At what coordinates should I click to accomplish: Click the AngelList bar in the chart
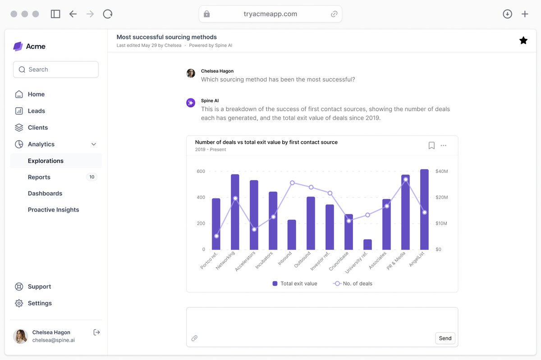(424, 210)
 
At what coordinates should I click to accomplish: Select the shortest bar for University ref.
(367, 245)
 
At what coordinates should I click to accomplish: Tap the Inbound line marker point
(292, 183)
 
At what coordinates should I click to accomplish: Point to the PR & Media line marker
(406, 180)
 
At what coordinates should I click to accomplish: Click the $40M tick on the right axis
(441, 171)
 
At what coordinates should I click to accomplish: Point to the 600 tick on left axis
(201, 171)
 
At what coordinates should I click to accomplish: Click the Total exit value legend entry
(295, 284)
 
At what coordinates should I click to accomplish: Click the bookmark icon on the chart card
(431, 145)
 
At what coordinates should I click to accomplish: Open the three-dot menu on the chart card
(444, 145)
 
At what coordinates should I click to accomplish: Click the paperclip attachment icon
(194, 338)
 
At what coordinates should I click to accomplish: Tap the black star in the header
(523, 41)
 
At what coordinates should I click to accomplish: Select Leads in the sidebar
(36, 111)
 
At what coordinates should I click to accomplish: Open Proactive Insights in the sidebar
(53, 210)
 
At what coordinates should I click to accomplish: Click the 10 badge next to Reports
(92, 177)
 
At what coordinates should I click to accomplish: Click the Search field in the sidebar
(56, 69)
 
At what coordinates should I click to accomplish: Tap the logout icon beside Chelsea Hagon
(96, 332)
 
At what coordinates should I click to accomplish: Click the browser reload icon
(108, 14)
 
